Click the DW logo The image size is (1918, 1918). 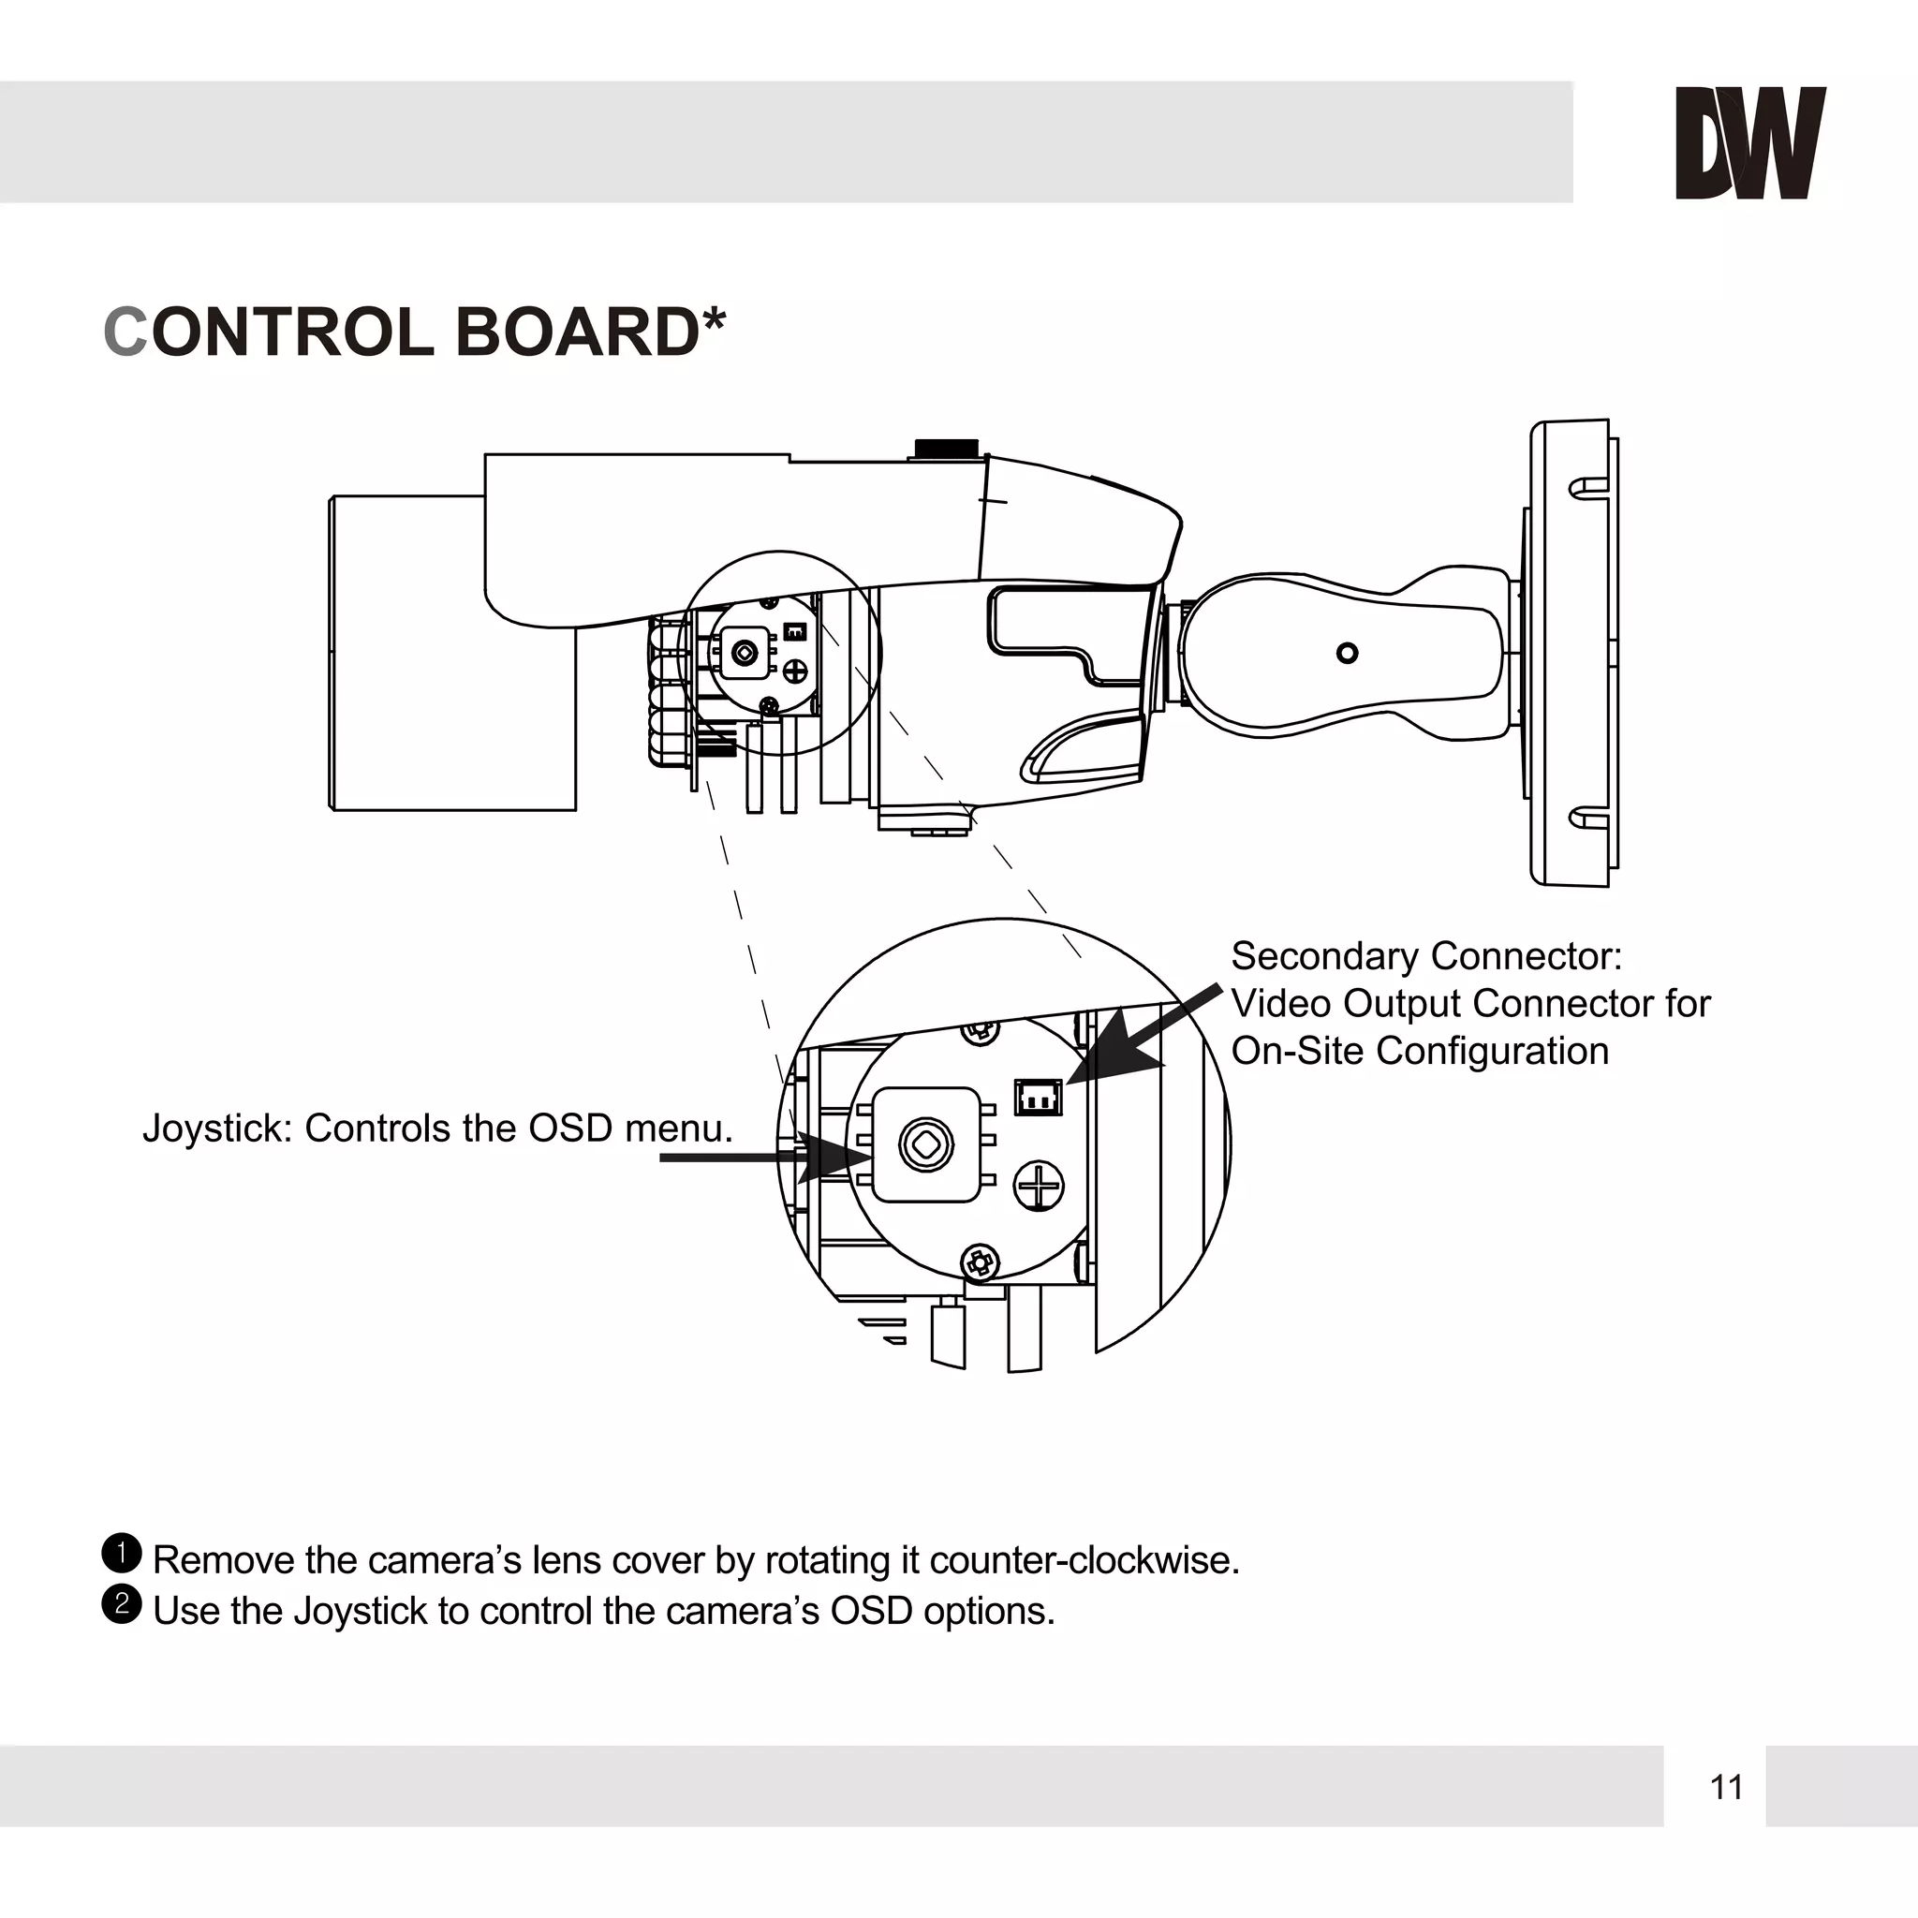coord(1749,143)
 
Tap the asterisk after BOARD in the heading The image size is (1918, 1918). coord(714,319)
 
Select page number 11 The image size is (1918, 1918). coord(1726,1787)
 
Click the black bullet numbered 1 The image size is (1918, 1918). coord(122,1553)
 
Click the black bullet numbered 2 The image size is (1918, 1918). coord(122,1603)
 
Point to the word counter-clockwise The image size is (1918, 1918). coord(1084,1559)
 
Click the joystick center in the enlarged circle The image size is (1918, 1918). coord(926,1143)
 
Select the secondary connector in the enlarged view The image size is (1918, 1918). coord(1038,1097)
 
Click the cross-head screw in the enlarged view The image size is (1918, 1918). coord(1039,1186)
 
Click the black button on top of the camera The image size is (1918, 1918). coord(946,448)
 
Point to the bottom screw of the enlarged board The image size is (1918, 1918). coord(980,1262)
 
